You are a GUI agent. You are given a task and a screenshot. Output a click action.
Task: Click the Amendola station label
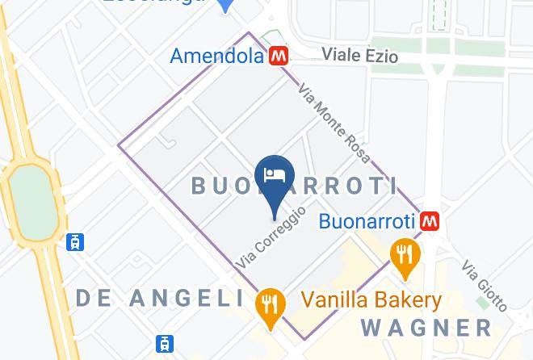[x=217, y=56]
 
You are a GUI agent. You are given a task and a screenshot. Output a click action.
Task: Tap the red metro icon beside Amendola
[x=279, y=56]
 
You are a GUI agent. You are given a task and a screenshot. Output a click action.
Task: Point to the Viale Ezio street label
[x=359, y=55]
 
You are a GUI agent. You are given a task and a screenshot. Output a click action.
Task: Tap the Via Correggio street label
[x=271, y=238]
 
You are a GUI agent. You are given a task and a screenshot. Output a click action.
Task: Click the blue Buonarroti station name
[x=367, y=220]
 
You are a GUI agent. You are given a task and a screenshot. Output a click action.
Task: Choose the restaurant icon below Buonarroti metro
[x=402, y=254]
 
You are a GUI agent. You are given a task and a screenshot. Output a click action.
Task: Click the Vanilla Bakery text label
[x=371, y=301]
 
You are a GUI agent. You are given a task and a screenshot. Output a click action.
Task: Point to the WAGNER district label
[x=426, y=328]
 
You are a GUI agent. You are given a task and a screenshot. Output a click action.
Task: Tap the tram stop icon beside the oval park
[x=76, y=241]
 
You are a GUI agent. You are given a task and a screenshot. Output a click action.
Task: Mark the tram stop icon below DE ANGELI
[x=165, y=343]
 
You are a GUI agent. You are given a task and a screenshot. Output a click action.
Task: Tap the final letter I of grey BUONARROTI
[x=393, y=186]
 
